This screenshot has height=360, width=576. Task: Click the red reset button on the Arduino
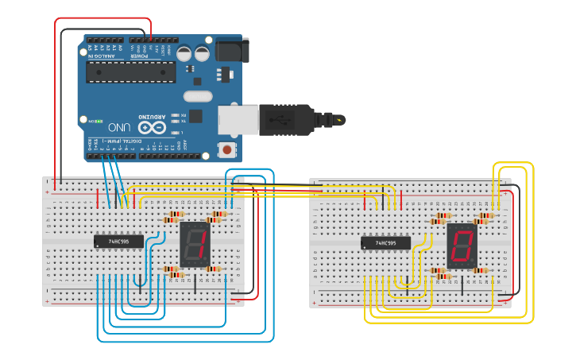227,149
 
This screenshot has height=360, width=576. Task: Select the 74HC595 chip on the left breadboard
118,241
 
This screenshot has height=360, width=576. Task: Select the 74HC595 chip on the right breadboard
385,243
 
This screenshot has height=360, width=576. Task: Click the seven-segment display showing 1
194,245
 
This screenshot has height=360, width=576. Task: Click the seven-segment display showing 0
462,245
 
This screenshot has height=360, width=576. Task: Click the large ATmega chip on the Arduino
131,71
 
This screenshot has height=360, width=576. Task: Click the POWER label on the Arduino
139,56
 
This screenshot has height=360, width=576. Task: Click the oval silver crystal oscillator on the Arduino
198,96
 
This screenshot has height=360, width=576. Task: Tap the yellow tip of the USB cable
341,120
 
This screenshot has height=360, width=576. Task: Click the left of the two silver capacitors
184,53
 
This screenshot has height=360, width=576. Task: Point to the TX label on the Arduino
183,122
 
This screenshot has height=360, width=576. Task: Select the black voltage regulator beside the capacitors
225,73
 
